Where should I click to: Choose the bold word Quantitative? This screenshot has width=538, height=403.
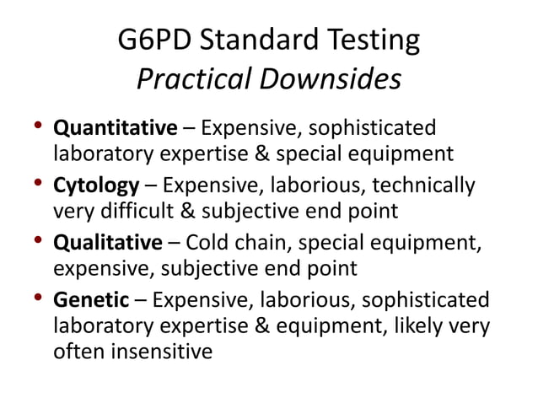pos(116,129)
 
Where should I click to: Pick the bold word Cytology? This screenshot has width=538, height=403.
pos(96,185)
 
